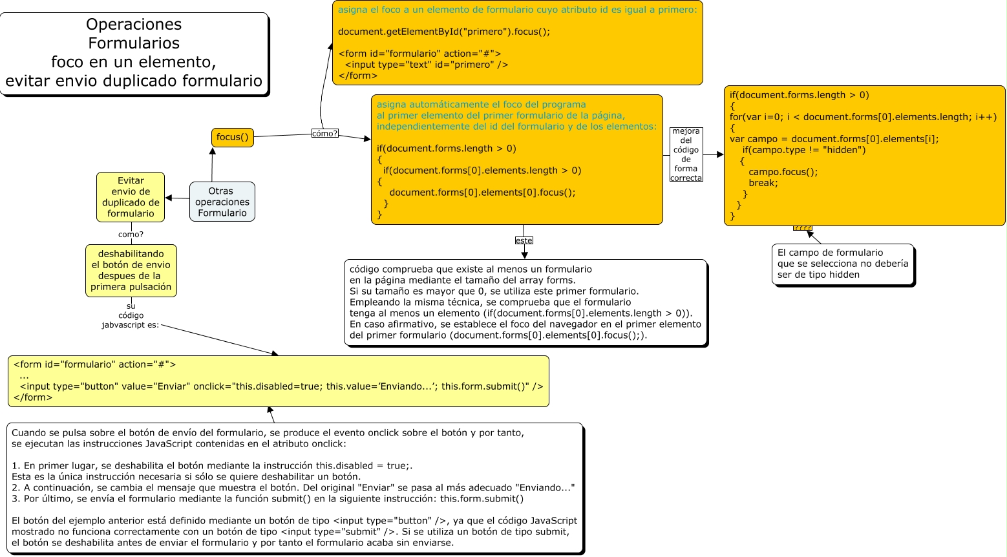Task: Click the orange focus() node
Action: (232, 138)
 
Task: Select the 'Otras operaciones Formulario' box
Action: (222, 202)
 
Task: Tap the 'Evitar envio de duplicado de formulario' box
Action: (131, 197)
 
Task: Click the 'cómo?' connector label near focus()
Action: (324, 134)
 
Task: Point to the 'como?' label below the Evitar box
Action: (131, 235)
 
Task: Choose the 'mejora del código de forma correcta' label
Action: (686, 155)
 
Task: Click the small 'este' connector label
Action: (524, 240)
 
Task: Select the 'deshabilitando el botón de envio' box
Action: (131, 271)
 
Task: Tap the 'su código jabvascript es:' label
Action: (131, 315)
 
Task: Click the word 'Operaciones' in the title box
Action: (134, 25)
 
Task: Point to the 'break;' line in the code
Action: (763, 183)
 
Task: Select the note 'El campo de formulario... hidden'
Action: (842, 264)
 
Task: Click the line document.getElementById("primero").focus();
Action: (443, 32)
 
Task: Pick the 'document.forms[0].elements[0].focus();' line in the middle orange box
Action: (482, 193)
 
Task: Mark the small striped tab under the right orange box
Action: (802, 228)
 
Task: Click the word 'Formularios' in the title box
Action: (134, 43)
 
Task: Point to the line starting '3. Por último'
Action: (268, 499)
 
